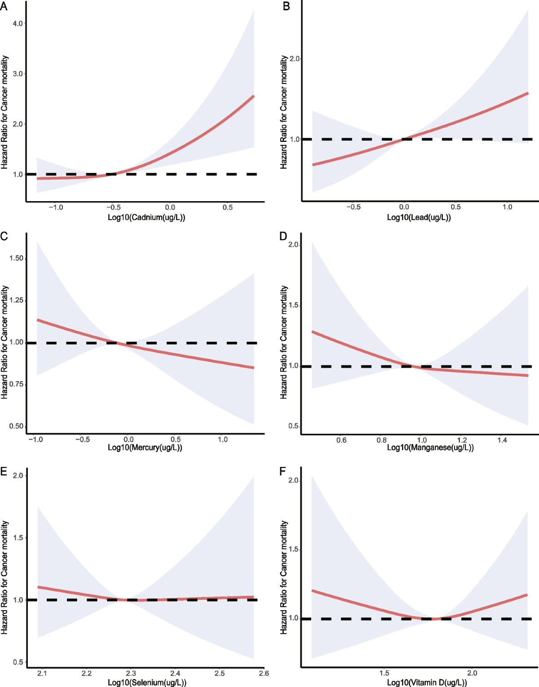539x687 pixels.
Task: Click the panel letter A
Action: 4,6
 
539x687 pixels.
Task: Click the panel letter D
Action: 283,236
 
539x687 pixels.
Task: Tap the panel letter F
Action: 283,471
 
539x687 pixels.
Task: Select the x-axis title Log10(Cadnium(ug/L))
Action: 146,218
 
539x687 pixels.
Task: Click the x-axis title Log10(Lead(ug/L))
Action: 419,218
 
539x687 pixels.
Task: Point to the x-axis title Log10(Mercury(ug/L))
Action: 145,448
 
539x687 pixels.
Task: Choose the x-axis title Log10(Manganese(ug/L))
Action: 430,448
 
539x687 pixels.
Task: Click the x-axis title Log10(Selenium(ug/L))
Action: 147,683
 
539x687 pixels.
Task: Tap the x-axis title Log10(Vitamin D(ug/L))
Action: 427,683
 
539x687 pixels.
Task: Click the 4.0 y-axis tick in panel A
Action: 18,23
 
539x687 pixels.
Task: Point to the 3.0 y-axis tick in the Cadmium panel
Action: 18,74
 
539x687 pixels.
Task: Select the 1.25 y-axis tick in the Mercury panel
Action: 16,300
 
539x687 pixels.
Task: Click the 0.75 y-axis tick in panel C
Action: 16,384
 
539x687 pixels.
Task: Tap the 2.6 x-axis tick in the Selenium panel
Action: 264,673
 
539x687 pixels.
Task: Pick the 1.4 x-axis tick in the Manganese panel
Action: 502,440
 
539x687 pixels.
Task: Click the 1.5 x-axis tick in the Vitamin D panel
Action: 384,673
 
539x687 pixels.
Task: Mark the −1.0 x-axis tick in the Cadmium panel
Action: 56,207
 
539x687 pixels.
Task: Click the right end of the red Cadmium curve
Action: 254,96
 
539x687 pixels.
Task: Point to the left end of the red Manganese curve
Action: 313,332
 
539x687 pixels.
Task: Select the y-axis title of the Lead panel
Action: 283,112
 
